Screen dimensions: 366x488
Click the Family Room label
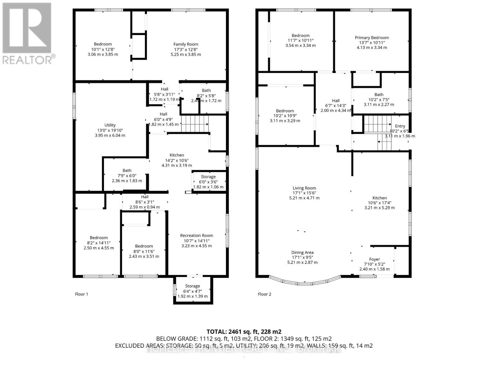coord(186,49)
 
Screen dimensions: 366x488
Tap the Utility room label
coord(110,130)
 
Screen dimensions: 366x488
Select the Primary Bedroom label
coord(372,42)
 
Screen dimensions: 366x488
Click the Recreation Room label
coord(196,240)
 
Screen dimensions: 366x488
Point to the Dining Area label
coord(302,257)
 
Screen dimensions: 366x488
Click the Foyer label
coord(375,264)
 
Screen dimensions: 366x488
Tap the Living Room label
coord(304,193)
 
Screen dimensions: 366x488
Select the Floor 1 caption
coord(81,294)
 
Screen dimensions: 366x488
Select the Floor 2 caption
coord(264,294)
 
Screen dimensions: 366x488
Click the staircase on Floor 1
coord(195,124)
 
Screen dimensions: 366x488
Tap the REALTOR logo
coord(27,34)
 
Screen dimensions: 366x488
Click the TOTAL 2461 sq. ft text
coord(244,332)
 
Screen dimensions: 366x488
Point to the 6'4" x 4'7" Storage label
coord(192,291)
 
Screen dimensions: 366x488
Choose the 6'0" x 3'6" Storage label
coord(208,182)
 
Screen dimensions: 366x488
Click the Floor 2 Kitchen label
coord(379,203)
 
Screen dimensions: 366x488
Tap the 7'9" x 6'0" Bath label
coord(127,175)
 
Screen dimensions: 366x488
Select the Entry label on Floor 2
coord(400,131)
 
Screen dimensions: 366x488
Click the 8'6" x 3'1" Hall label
coord(145,202)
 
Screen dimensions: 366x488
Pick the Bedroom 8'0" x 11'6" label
coord(144,251)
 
